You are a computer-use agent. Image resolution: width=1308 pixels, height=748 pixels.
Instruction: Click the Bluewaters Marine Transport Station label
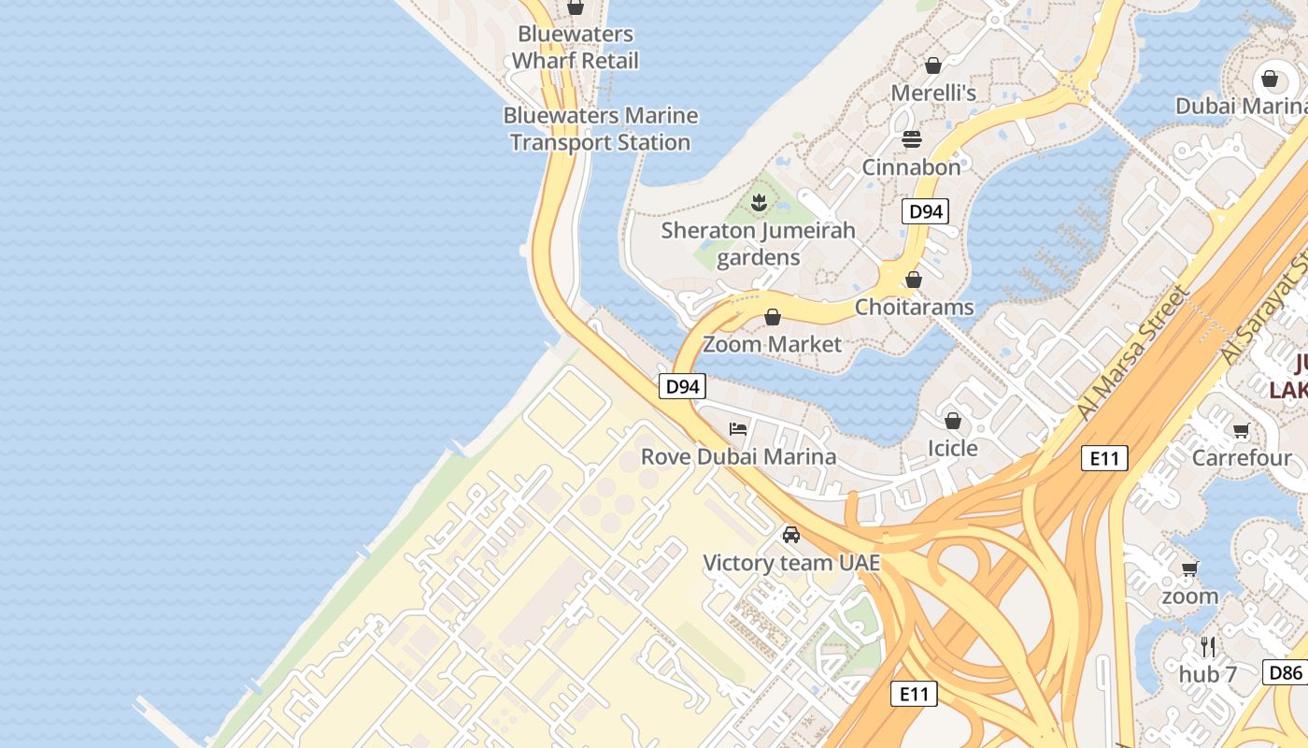click(x=600, y=129)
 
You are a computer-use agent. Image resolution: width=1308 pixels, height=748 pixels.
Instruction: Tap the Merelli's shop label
click(x=932, y=93)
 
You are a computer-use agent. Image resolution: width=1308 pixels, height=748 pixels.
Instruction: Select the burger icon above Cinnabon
click(x=912, y=139)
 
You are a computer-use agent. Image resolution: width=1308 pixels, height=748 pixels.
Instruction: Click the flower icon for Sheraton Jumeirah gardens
click(x=759, y=201)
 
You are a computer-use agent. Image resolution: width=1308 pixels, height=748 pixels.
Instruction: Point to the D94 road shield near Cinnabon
click(x=925, y=211)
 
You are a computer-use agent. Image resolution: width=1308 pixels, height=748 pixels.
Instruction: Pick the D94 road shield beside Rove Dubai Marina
click(x=681, y=386)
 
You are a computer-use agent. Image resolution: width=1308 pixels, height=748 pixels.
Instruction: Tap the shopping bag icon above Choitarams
click(x=914, y=280)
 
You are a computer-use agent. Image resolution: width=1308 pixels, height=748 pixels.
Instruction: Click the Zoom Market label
click(x=772, y=344)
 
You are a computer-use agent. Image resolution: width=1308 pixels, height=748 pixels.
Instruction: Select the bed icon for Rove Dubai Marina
click(x=738, y=429)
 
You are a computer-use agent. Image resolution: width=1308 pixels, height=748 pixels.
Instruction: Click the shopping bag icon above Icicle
click(x=953, y=421)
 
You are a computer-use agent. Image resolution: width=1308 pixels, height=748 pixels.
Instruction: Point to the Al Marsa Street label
click(x=1133, y=352)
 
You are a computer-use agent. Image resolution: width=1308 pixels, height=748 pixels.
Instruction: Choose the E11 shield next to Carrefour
click(x=1104, y=458)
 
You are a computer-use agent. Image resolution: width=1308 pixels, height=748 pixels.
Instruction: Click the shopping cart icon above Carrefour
click(x=1241, y=431)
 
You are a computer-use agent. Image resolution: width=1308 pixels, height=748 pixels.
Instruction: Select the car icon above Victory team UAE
click(x=791, y=535)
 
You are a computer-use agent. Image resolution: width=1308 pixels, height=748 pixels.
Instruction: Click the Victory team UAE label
click(x=791, y=563)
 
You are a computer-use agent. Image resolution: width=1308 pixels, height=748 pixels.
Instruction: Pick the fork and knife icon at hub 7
click(x=1208, y=646)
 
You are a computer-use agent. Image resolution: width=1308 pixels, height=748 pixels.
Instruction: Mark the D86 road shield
click(x=1285, y=672)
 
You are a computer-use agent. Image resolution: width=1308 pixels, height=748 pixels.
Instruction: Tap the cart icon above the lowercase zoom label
click(x=1189, y=568)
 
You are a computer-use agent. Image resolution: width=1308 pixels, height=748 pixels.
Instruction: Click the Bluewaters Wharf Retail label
click(x=576, y=48)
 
